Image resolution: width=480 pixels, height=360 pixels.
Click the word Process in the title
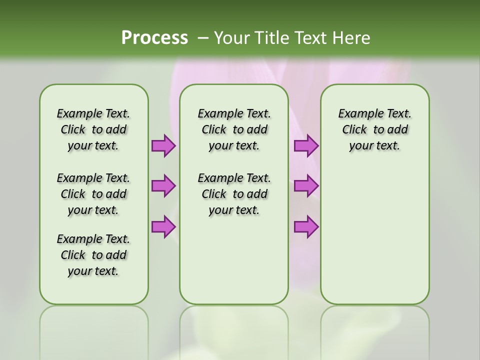(154, 37)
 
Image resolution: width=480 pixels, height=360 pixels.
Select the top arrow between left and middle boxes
(163, 146)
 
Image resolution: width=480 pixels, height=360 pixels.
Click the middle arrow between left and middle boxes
(163, 186)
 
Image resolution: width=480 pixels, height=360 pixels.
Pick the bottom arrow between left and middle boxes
(163, 226)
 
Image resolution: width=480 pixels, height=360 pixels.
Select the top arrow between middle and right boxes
(306, 146)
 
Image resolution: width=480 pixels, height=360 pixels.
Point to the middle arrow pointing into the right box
(306, 186)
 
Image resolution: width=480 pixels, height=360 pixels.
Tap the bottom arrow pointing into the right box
(306, 226)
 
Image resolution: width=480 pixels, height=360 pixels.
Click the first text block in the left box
(93, 129)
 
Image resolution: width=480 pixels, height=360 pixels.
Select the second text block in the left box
(93, 194)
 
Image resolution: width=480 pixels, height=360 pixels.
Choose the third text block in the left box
(93, 255)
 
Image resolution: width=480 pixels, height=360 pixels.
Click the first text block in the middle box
(234, 129)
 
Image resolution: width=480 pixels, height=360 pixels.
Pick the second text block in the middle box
(234, 194)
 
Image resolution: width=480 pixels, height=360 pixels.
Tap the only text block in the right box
(374, 129)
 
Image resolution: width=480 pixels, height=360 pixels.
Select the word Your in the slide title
(231, 37)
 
